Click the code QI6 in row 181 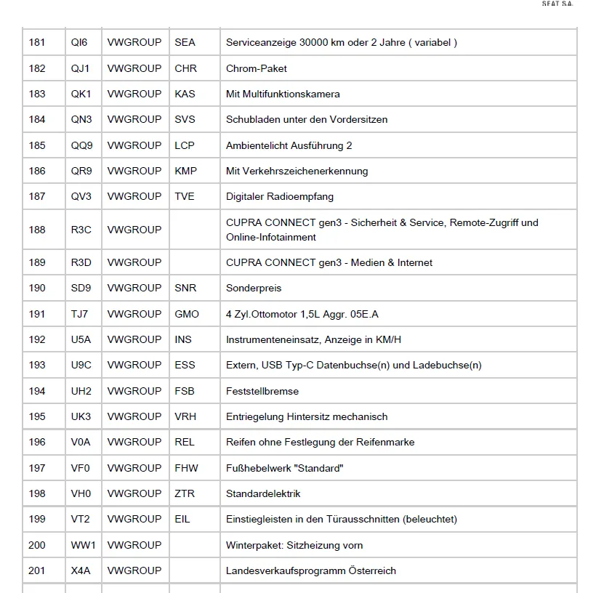coord(79,43)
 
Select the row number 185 coord(37,145)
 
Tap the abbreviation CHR coord(185,68)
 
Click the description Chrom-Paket coord(257,68)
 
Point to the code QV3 coord(81,196)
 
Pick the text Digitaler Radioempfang coord(280,196)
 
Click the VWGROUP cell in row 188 coord(134,230)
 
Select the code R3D coord(81,262)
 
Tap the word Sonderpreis coord(254,288)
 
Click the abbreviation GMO coord(186,314)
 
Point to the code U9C coord(81,365)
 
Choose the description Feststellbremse coord(262,391)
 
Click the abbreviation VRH coord(185,416)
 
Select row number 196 coord(37,442)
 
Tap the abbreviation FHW coord(186,468)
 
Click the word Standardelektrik coord(263,493)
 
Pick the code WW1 coord(84,545)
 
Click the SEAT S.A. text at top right coord(557,4)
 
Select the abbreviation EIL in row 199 coord(182,519)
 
